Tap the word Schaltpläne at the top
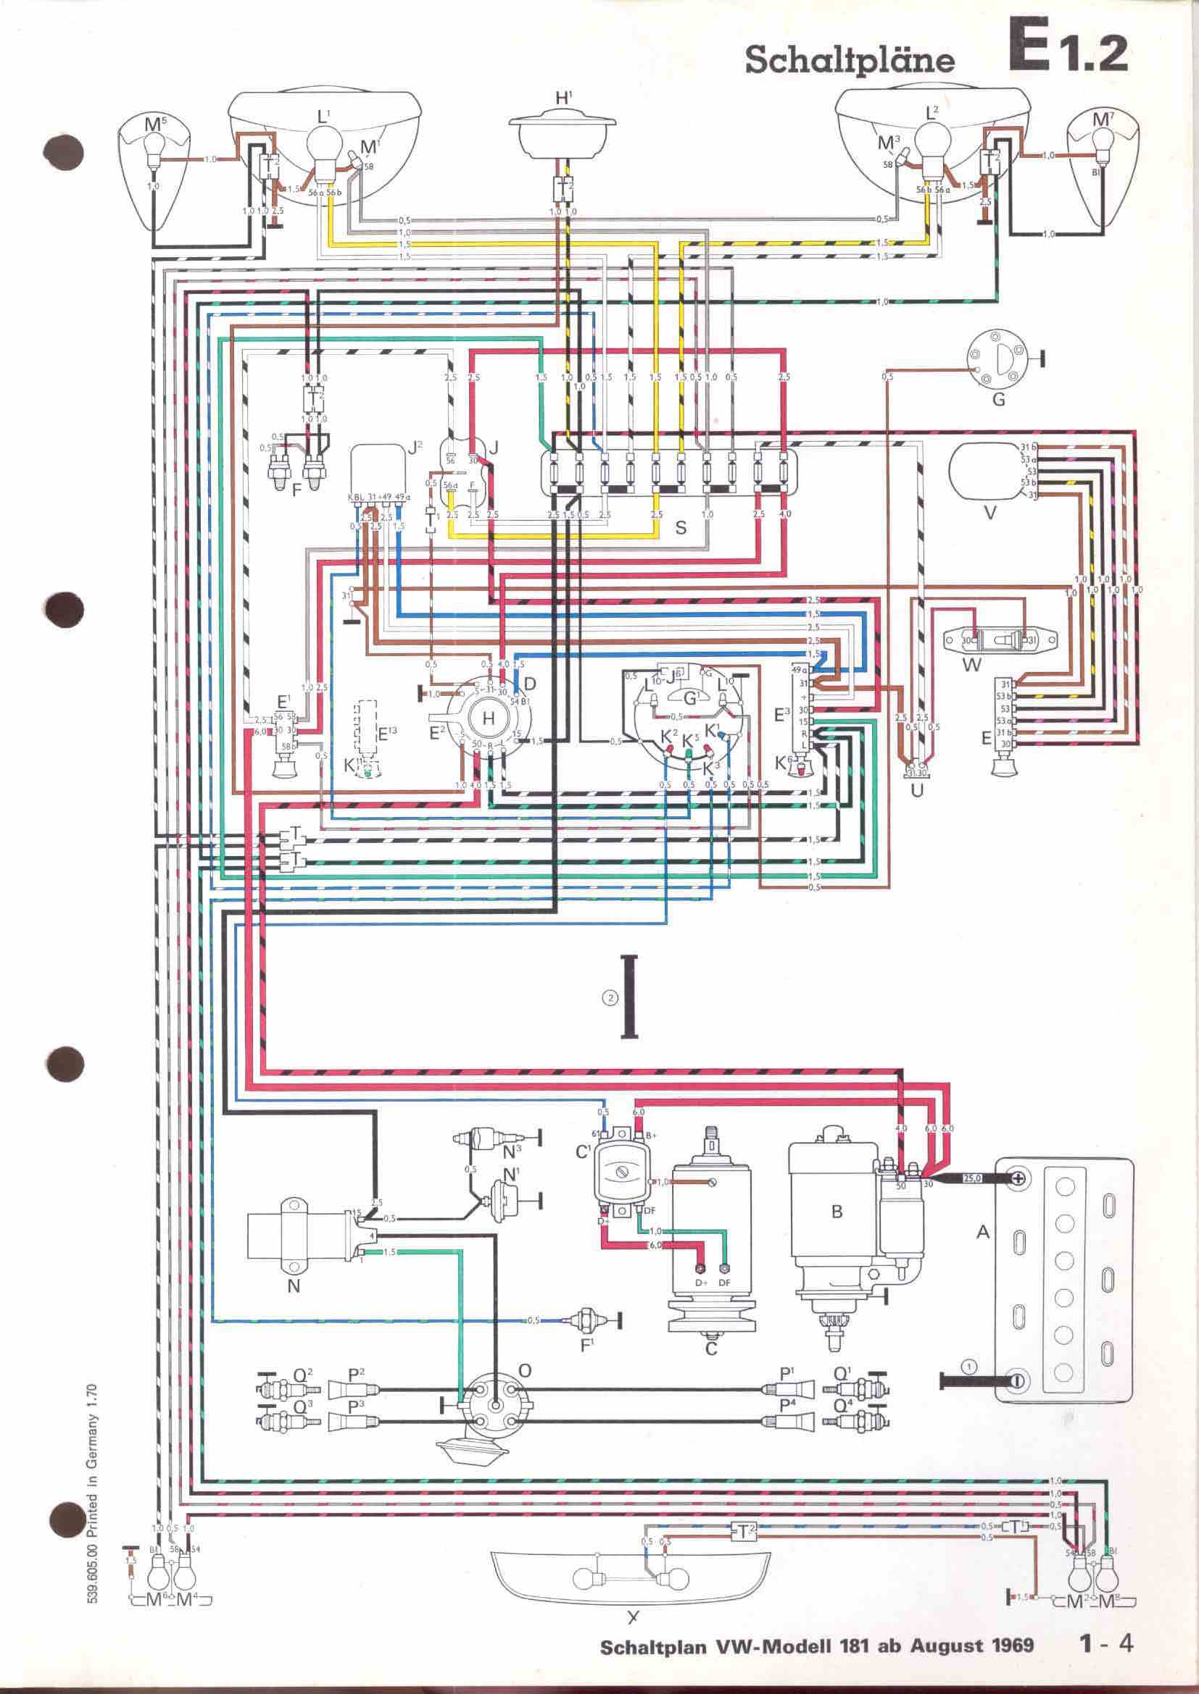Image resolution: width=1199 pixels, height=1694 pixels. [x=849, y=59]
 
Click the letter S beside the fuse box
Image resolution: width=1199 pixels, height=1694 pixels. [x=681, y=527]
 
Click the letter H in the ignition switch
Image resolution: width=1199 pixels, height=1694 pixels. [x=488, y=718]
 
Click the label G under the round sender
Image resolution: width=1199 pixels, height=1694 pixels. [x=998, y=402]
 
